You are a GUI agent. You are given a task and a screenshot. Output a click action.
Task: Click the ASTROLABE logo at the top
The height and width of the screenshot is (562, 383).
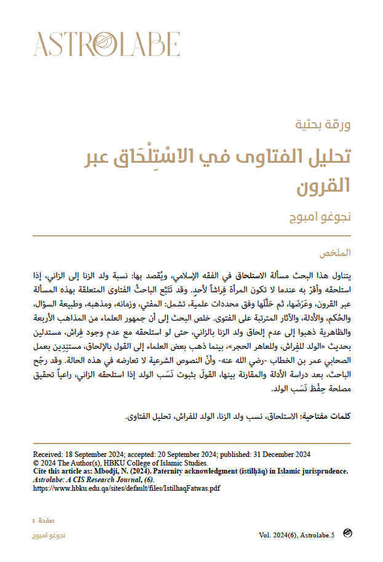click(106, 44)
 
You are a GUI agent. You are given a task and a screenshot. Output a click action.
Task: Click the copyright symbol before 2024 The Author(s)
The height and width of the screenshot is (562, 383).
click(36, 462)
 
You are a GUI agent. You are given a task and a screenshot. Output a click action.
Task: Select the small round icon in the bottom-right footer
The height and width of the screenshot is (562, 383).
click(347, 533)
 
